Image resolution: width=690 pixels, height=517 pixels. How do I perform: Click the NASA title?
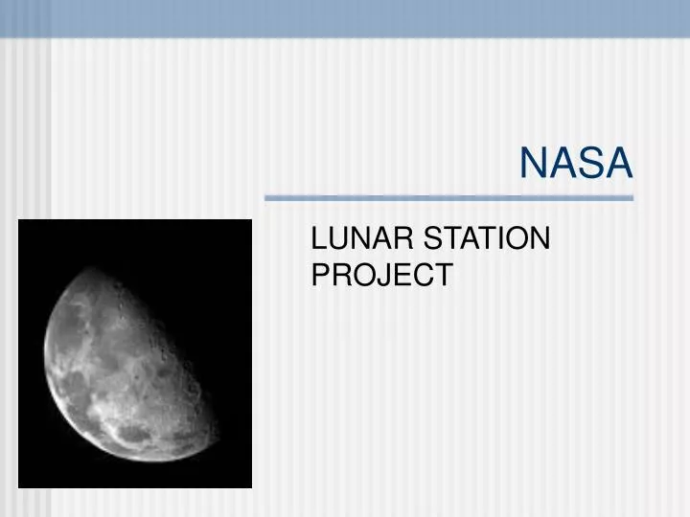pos(576,164)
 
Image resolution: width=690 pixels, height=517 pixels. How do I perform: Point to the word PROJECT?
pos(381,276)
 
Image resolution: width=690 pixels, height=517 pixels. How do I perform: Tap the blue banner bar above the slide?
pos(345,17)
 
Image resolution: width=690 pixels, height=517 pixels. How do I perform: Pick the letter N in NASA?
pos(533,164)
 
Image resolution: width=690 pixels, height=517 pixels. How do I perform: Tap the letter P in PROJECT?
pos(322,276)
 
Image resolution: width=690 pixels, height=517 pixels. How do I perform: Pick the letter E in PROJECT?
pos(402,276)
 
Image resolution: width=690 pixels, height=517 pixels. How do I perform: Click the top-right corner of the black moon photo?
pos(251,220)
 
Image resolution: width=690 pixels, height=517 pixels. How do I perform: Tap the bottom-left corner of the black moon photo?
pos(19,487)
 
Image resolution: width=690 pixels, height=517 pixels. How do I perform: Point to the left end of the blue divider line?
pos(265,198)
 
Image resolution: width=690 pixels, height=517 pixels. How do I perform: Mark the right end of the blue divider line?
pos(633,198)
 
